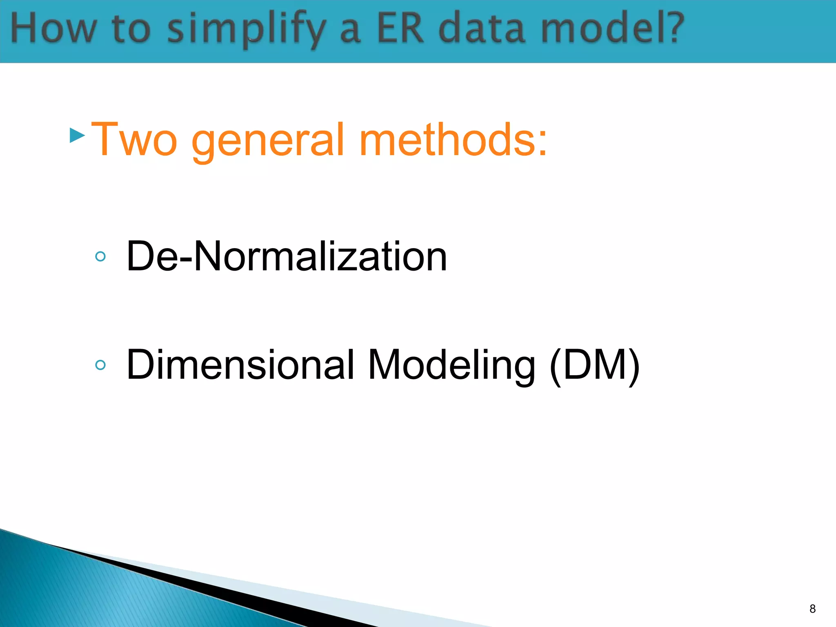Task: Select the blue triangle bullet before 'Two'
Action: (77, 135)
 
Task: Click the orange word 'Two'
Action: (134, 140)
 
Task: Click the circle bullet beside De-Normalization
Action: (100, 256)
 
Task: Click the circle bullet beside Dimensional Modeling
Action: (100, 365)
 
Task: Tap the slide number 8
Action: (812, 609)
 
